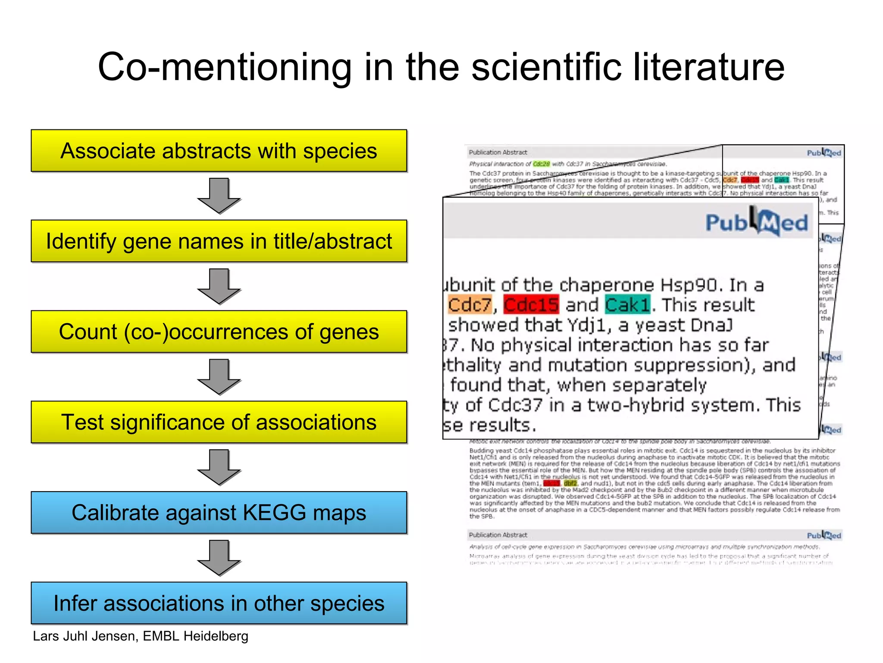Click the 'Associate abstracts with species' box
tap(219, 151)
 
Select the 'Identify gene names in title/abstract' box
tap(219, 241)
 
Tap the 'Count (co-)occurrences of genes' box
tap(219, 331)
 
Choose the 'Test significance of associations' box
tap(219, 422)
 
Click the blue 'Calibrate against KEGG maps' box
tap(219, 512)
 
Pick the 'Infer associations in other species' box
tap(219, 603)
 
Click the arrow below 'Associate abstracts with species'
tap(219, 196)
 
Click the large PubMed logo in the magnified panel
tap(757, 222)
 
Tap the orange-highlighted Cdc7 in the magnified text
tap(470, 305)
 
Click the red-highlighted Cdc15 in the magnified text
tap(531, 305)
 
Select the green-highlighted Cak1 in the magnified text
tap(627, 305)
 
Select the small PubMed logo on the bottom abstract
tap(824, 536)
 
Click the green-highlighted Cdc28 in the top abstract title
tap(542, 164)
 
